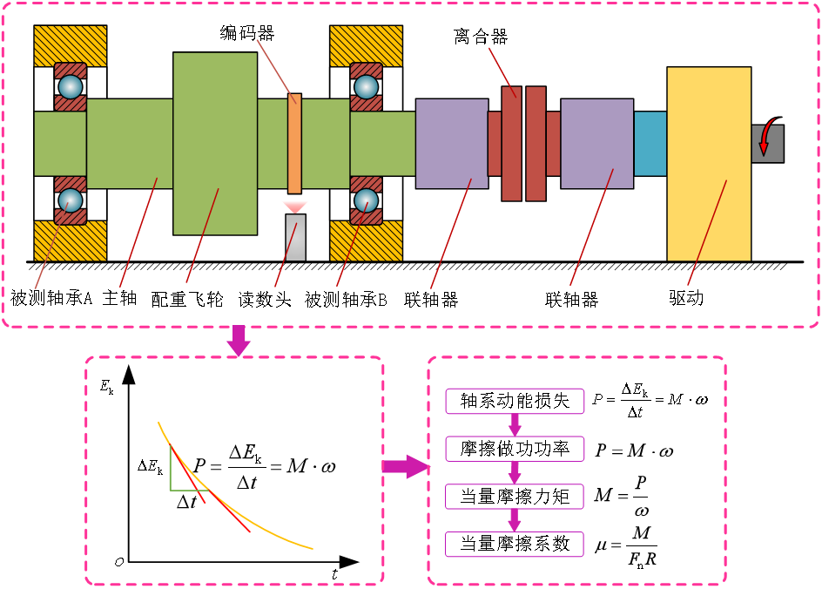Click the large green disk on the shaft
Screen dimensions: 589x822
point(215,143)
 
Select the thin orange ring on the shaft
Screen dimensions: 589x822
point(294,143)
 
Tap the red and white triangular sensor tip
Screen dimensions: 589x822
point(294,206)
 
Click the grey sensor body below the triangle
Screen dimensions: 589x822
point(295,237)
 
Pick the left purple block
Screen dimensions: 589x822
point(451,143)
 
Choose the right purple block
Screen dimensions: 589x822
point(596,143)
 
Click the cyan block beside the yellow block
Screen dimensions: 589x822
point(650,143)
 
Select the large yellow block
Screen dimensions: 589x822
point(709,163)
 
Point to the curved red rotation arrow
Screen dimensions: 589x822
point(765,138)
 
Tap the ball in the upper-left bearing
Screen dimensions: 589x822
point(71,87)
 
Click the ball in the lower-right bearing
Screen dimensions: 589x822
point(366,200)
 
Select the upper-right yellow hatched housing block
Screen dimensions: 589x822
point(366,44)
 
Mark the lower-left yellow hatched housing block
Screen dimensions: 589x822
point(71,242)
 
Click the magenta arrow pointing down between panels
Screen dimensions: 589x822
point(238,340)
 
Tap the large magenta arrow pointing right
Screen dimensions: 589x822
point(405,466)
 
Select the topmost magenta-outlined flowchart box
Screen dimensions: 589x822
point(515,402)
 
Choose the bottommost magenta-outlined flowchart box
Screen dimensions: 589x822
point(515,545)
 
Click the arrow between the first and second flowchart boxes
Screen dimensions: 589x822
point(515,425)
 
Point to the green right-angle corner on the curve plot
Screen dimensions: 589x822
point(172,489)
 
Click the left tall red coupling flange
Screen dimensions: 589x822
point(511,143)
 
